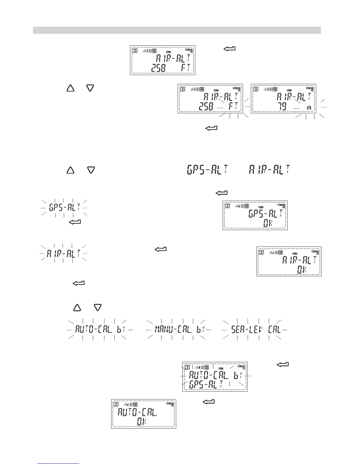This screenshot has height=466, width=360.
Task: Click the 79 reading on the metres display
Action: tap(282, 106)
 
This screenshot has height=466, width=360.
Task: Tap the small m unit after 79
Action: tap(309, 108)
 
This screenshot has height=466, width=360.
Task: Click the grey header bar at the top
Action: tap(176, 30)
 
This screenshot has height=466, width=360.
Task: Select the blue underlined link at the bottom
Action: tap(59, 464)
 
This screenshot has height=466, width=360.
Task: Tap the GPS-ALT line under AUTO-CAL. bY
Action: tap(206, 384)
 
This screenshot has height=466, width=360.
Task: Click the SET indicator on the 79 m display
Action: tap(308, 88)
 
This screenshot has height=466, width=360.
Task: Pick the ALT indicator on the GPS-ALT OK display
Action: tap(261, 207)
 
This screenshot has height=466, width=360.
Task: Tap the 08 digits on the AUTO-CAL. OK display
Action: tap(116, 405)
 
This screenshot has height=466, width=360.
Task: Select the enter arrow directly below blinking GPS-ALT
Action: tap(75, 222)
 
